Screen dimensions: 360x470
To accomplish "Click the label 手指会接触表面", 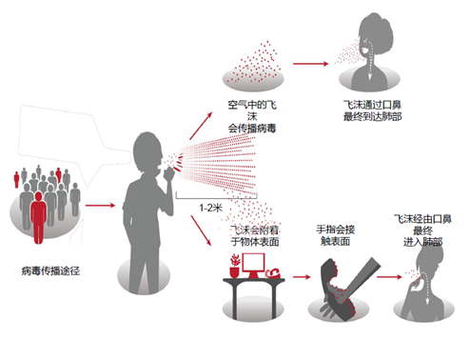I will click(x=335, y=236).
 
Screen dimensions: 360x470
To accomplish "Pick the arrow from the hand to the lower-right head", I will click(x=384, y=278).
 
